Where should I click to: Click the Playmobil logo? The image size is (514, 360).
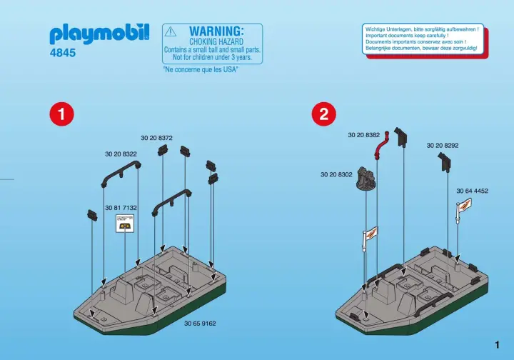point(99,34)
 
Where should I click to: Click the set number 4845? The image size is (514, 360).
point(63,53)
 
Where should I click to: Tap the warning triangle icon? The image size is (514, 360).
point(171,32)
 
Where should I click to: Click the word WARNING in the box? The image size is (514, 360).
point(216,31)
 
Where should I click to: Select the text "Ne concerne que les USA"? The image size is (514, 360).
point(201,69)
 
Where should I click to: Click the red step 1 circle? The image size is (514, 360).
point(61,114)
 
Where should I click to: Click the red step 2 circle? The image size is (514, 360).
point(323,114)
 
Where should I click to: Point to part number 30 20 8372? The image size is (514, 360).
point(156,138)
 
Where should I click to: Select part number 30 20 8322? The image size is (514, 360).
point(121,154)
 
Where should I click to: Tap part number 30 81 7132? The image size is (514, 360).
point(121,208)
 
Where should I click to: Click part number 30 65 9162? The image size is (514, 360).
point(200,324)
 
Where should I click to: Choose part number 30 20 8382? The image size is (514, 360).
point(363,135)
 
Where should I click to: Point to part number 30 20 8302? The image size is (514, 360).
point(336,175)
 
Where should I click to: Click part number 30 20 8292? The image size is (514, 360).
point(443,146)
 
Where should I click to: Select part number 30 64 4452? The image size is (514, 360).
point(472,191)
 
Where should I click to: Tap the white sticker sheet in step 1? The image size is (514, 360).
point(124,224)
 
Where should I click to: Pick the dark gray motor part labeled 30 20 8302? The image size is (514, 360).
point(366,179)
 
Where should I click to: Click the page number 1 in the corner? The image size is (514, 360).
point(498,345)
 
